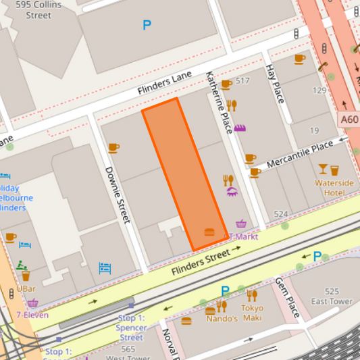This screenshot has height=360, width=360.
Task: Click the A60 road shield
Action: tap(349, 120)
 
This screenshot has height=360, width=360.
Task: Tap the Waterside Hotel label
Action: tap(334, 187)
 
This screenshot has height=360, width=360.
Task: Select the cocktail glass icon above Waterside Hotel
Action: tap(324, 169)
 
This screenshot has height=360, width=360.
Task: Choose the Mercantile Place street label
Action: tap(300, 154)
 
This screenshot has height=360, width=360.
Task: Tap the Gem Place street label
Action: tap(286, 292)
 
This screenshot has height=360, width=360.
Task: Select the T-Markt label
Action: tap(245, 236)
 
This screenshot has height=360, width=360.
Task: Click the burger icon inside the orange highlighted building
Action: tap(209, 232)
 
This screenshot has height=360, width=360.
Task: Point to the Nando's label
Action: tap(222, 319)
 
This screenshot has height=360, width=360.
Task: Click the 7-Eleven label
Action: tap(32, 315)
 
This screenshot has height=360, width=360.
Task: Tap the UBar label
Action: tap(26, 288)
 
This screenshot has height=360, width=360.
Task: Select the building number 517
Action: tap(242, 81)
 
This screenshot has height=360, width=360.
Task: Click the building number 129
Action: tap(319, 90)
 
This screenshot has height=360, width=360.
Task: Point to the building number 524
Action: tap(280, 215)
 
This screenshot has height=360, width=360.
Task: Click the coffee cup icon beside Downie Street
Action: tap(113, 147)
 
